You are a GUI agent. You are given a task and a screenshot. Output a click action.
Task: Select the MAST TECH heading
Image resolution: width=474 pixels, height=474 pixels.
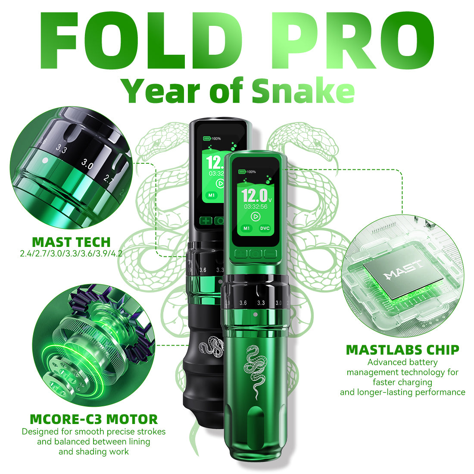[71, 242]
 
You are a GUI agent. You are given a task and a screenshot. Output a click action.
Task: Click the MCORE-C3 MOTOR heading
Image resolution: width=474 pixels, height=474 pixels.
[94, 418]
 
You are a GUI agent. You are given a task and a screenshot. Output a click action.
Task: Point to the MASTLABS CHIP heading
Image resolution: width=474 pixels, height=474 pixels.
[402, 349]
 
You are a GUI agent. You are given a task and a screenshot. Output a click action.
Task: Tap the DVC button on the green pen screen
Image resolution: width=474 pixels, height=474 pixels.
[265, 228]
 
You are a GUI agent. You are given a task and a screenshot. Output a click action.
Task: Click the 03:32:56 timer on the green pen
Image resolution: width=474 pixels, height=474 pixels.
[255, 206]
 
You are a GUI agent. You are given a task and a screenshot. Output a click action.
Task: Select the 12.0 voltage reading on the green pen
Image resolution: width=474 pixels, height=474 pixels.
[254, 196]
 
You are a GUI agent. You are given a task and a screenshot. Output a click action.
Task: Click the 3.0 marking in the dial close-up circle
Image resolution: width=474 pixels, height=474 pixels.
[87, 164]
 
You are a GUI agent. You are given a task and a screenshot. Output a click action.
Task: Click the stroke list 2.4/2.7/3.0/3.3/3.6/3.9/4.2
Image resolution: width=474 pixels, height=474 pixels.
[71, 253]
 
